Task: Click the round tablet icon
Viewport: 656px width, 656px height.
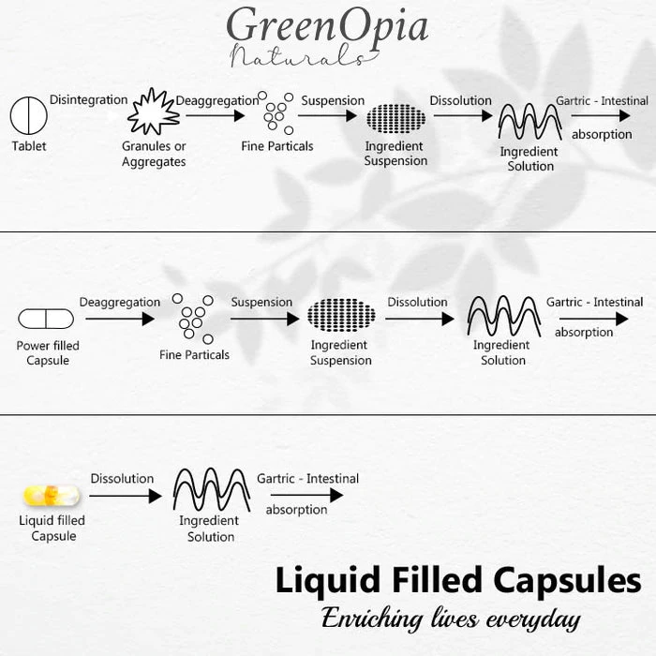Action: tap(28, 116)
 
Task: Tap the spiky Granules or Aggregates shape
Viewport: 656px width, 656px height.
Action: tap(153, 113)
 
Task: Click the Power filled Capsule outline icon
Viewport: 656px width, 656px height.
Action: tap(46, 319)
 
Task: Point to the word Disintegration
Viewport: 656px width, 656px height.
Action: tap(89, 99)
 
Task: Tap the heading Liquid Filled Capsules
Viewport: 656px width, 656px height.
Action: tap(458, 580)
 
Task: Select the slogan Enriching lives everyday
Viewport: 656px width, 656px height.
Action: tap(451, 619)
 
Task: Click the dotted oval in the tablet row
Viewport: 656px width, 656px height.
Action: tap(395, 119)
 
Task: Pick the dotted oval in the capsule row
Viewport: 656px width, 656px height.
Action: tap(341, 316)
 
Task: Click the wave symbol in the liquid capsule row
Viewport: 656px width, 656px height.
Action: tap(211, 489)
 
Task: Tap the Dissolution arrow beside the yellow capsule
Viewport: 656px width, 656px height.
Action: tap(127, 496)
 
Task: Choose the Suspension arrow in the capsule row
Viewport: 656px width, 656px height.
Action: tap(265, 319)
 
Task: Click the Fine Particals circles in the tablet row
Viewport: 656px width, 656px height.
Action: tap(276, 113)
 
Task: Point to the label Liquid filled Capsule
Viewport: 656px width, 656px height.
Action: tap(52, 529)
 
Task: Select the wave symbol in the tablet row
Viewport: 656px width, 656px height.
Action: tap(529, 121)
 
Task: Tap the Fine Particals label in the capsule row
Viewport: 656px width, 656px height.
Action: tap(194, 355)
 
